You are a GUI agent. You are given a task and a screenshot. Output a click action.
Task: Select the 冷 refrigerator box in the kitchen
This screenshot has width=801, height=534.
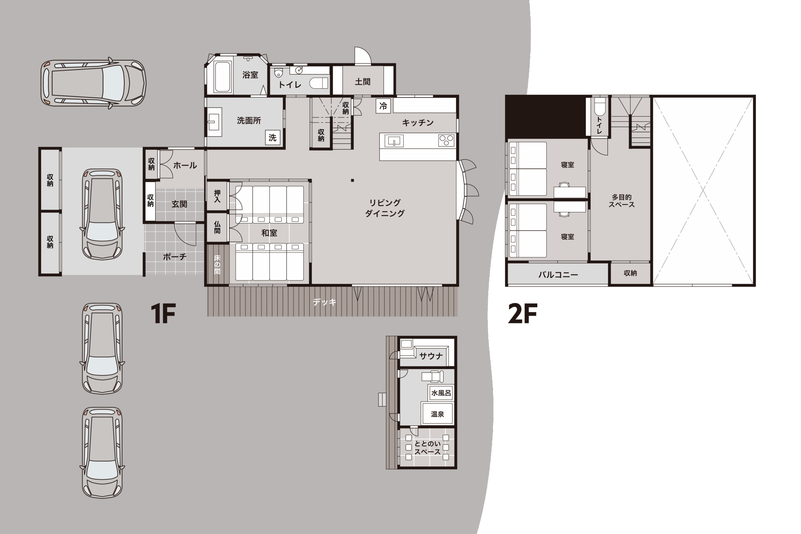[383, 106]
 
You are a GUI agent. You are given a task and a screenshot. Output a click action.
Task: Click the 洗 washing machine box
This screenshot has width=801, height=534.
[273, 138]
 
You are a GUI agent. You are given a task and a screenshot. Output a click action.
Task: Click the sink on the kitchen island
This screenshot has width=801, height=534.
[394, 140]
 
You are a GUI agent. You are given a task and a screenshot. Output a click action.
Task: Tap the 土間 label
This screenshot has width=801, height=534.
[362, 82]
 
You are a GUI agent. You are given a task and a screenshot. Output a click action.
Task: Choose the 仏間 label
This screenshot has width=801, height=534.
[217, 227]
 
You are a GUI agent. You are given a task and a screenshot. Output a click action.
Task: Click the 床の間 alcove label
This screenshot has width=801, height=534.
[217, 264]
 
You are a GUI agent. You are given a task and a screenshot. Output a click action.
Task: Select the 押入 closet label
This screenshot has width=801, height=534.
[217, 196]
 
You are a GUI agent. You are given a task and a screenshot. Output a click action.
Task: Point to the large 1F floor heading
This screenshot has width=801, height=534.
[163, 314]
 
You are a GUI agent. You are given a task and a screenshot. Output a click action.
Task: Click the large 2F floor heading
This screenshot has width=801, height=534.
[523, 314]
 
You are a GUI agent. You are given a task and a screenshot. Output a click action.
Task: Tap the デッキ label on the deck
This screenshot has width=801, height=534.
[324, 302]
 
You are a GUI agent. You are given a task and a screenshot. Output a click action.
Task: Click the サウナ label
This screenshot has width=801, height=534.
[431, 356]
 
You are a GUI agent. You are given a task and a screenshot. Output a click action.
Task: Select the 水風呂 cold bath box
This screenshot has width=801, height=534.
[441, 393]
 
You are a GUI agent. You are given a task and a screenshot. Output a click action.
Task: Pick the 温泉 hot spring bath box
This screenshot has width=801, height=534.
[437, 414]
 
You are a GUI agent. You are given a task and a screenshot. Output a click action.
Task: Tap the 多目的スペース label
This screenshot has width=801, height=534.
[621, 201]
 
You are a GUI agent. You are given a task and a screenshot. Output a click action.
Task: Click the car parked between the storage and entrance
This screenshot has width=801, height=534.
[102, 214]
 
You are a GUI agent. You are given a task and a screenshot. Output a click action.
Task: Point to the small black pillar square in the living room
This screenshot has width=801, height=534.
[353, 181]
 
